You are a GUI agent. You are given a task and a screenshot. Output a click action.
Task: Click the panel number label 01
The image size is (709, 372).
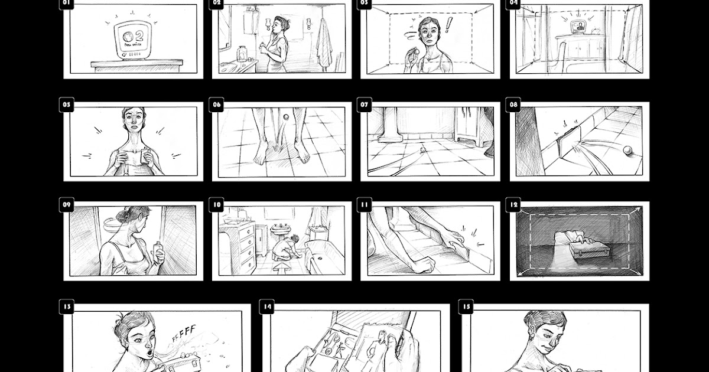tap(66, 3)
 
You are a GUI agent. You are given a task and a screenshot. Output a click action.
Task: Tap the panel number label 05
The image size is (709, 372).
tap(66, 105)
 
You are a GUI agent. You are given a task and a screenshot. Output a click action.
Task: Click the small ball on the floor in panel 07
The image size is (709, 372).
tap(422, 151)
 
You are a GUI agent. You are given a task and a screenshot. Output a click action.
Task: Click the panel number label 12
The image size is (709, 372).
tap(513, 205)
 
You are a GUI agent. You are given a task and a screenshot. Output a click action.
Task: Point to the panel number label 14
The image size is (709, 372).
tap(268, 306)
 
